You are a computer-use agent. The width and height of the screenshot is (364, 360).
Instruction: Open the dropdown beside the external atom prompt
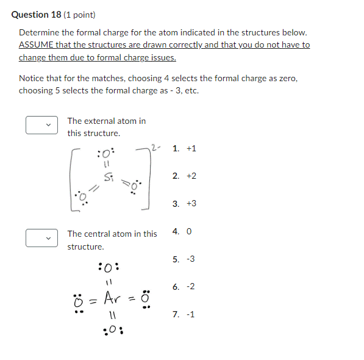pyautogui.click(x=41, y=125)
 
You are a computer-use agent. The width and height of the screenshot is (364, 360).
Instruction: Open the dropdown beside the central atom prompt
pyautogui.click(x=41, y=238)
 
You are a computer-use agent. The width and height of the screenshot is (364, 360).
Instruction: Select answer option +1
pyautogui.click(x=184, y=148)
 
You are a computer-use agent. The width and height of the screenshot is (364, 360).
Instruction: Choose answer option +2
pyautogui.click(x=184, y=176)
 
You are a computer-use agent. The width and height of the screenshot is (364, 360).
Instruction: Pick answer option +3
pyautogui.click(x=184, y=203)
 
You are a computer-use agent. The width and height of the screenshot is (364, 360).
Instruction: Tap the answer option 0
pyautogui.click(x=183, y=231)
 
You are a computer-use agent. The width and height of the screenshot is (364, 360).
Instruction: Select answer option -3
pyautogui.click(x=184, y=259)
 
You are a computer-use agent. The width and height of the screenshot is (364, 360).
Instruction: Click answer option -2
pyautogui.click(x=184, y=286)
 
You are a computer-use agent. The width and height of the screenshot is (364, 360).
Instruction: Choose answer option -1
pyautogui.click(x=184, y=314)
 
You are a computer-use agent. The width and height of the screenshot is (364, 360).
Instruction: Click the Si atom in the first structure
pyautogui.click(x=109, y=177)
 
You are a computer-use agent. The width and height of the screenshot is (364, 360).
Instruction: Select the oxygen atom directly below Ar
pyautogui.click(x=111, y=331)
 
